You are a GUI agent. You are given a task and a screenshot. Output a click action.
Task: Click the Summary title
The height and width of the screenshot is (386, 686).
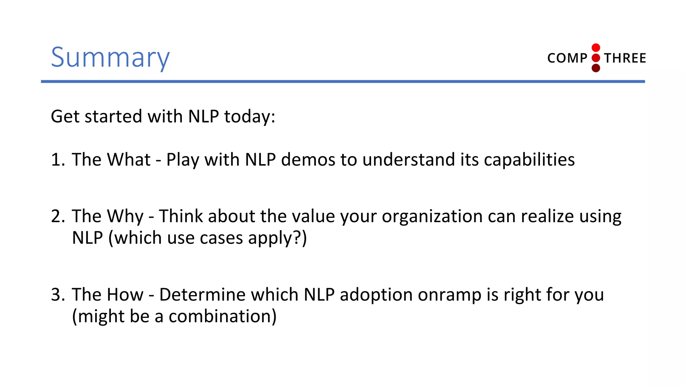[110, 58]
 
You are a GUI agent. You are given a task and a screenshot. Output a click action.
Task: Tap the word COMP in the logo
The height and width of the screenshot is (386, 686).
[567, 58]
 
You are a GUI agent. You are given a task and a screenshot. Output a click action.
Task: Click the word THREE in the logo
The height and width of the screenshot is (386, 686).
[625, 58]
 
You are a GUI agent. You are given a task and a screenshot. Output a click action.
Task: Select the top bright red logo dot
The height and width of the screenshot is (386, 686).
[596, 48]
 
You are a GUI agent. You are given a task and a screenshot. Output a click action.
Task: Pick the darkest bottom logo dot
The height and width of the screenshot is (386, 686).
[596, 68]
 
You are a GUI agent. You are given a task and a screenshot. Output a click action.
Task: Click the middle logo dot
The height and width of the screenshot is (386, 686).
[596, 58]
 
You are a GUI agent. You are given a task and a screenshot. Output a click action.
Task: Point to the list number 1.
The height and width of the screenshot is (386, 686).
[57, 159]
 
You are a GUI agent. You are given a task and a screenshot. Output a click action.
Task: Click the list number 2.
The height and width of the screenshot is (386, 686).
[57, 216]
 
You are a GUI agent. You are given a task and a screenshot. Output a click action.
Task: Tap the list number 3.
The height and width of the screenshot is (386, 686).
[57, 295]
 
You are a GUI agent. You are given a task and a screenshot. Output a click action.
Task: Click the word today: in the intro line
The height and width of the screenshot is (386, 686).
[250, 117]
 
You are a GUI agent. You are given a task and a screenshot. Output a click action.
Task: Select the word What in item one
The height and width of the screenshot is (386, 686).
[129, 159]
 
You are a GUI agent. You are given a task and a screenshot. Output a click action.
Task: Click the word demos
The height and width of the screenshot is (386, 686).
[308, 159]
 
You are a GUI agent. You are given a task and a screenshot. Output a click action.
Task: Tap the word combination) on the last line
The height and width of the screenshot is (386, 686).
[222, 316]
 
